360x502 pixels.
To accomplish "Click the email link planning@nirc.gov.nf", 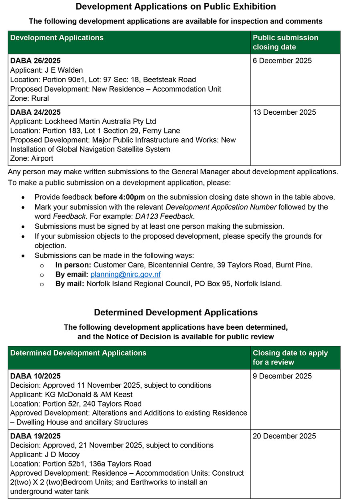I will coord(125,275).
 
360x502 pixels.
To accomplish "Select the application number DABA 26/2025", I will coord(35,61).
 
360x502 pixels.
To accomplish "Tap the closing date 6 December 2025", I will coord(282,61).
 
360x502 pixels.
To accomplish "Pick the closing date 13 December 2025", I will coord(284,112).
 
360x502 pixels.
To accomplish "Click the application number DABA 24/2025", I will coord(35,112).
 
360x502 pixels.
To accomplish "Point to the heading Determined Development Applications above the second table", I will coord(176,312).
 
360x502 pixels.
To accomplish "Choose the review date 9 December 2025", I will coord(282,376).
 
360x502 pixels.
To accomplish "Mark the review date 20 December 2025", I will coord(284,436).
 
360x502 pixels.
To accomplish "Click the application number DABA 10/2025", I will coord(35,376).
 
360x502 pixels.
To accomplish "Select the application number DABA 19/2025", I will coord(35,436).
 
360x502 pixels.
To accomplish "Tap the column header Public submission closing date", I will coord(286,42).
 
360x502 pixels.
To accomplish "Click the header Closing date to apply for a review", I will coord(290,358).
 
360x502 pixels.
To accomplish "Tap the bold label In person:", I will coord(74,265).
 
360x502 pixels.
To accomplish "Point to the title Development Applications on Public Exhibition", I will coord(176,7).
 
